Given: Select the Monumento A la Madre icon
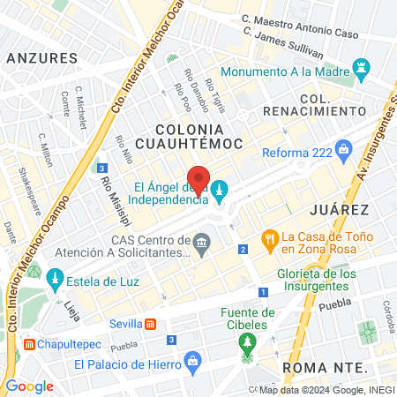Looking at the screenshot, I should coord(359,68).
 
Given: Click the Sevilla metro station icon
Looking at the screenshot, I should coord(150,322).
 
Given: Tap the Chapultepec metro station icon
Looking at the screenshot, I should coord(30,343).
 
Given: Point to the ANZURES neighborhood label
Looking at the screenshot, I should coord(41,57).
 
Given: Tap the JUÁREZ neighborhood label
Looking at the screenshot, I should coord(339,209).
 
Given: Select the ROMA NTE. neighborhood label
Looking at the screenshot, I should coord(321,366).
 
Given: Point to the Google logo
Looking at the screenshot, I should coord(30,386).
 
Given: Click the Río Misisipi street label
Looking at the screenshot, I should coord(109,194).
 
